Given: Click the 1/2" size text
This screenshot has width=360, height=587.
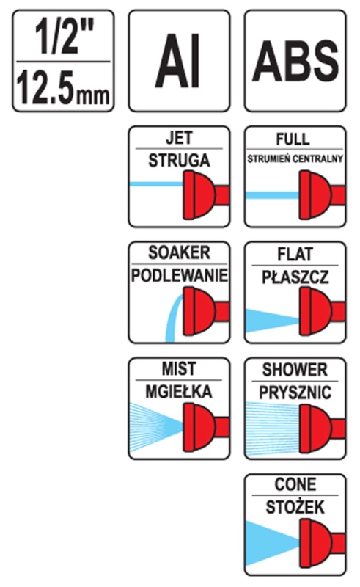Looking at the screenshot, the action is click(x=63, y=37).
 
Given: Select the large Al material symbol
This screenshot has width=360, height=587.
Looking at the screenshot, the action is click(x=177, y=61).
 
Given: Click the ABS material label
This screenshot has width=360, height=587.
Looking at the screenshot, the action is click(x=295, y=62).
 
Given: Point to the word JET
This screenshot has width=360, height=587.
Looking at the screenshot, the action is click(x=179, y=138).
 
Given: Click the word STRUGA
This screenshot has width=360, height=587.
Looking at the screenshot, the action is click(x=179, y=161).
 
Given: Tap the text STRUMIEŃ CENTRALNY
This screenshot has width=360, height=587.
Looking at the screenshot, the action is click(x=295, y=159).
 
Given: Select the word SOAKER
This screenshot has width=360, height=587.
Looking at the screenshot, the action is click(x=179, y=252).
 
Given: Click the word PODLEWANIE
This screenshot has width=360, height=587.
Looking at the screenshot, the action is click(x=179, y=276).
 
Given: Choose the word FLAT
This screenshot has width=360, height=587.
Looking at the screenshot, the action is click(x=295, y=255).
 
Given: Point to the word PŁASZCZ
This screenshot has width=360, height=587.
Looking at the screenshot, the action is click(x=295, y=277).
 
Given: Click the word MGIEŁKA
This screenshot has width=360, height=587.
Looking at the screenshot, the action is click(x=179, y=391).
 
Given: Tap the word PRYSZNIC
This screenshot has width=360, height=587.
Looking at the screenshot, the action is click(x=295, y=393).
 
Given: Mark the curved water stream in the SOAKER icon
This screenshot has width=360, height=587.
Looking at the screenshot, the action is click(x=173, y=318).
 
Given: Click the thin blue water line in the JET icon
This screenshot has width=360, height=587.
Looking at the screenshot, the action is click(x=156, y=184).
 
